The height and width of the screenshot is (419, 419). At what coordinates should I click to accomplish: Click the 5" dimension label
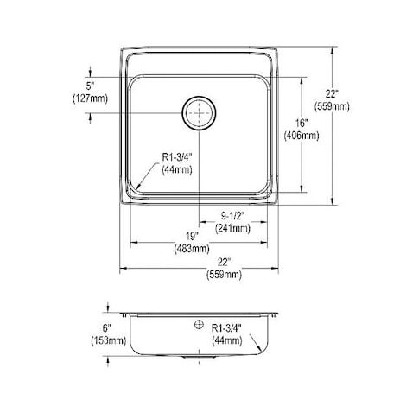pos(90,86)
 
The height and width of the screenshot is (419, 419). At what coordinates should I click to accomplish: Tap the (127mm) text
pos(90,98)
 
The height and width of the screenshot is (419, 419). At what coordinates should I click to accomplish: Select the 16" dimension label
pos(302,124)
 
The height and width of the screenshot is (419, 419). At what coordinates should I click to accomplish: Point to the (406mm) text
pos(302,136)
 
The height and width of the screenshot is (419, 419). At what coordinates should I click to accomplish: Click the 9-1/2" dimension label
pos(232,216)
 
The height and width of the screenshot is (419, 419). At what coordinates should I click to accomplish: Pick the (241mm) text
pos(232,228)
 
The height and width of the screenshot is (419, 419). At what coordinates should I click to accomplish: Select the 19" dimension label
pos(192,237)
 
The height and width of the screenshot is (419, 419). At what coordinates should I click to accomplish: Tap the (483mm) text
pos(192,249)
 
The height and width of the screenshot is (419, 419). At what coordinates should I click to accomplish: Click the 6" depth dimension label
pos(107,328)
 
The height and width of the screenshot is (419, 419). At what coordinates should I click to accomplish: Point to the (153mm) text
pos(109,340)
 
